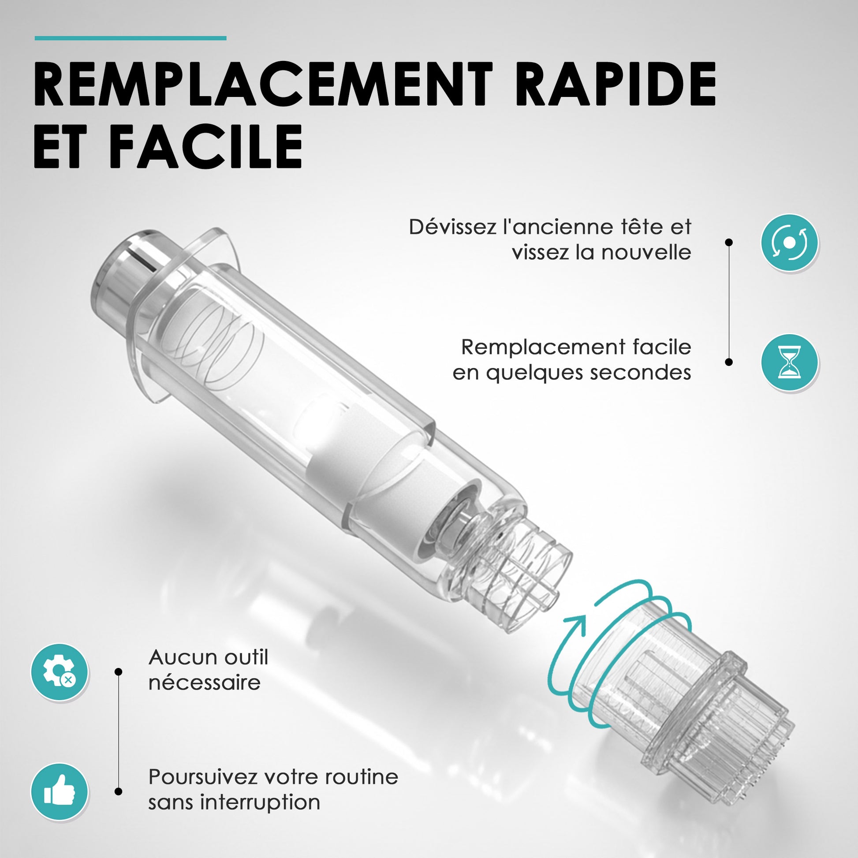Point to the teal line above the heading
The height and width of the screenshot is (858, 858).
point(131,38)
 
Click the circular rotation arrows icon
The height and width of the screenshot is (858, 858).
point(789,242)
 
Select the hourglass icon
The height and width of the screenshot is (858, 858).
point(789,362)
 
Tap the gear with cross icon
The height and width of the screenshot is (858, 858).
point(59,672)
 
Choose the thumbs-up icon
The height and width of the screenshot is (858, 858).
point(59,791)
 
